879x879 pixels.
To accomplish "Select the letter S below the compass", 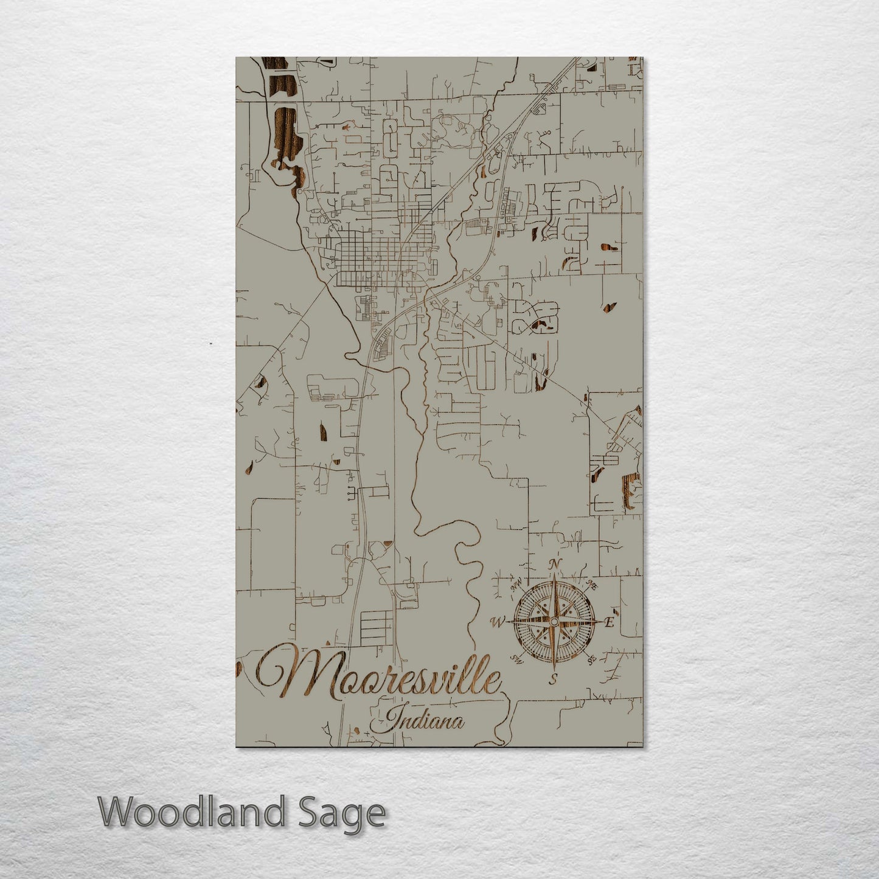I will (x=553, y=678).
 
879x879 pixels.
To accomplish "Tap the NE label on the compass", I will (x=591, y=585).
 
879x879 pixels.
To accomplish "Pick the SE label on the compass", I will (x=589, y=659).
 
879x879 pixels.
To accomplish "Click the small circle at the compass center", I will (x=553, y=621).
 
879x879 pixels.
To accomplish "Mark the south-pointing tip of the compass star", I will (x=553, y=667).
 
